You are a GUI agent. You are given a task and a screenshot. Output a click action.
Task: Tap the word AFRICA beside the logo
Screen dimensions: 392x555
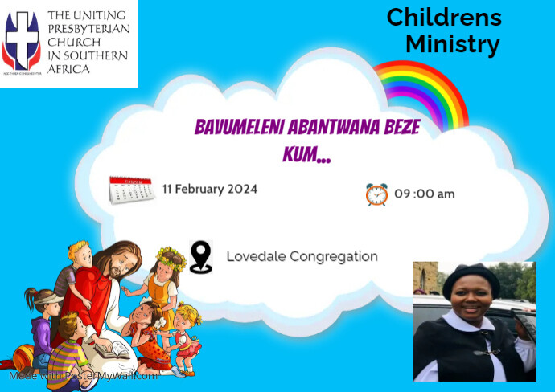[69, 69]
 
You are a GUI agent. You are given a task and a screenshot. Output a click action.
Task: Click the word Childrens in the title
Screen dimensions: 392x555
[443, 17]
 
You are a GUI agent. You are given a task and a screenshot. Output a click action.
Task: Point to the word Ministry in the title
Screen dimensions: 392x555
[452, 44]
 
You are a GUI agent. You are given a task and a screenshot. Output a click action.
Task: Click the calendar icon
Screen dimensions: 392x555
[131, 190]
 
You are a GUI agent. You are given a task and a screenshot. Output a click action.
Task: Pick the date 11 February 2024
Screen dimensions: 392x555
[209, 190]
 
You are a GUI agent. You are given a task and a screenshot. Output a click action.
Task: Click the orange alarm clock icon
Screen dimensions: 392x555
[376, 194]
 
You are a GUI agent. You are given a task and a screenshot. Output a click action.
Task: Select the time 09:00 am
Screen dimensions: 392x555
[424, 194]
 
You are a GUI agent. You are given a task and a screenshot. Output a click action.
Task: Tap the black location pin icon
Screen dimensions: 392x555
[200, 257]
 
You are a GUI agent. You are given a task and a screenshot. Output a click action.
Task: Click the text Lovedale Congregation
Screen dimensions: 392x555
[302, 257]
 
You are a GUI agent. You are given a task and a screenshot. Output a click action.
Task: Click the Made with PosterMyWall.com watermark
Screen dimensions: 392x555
[84, 375]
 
